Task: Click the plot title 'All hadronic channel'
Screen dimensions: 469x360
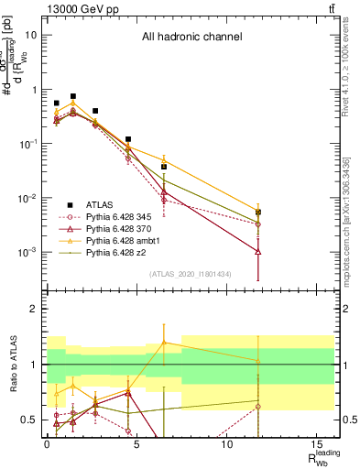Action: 191,38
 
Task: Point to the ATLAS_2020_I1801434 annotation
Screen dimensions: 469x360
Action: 191,275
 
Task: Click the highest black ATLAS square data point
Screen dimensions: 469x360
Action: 73,96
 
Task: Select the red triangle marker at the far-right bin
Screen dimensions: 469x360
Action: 258,251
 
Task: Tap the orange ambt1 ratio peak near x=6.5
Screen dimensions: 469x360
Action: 164,343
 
